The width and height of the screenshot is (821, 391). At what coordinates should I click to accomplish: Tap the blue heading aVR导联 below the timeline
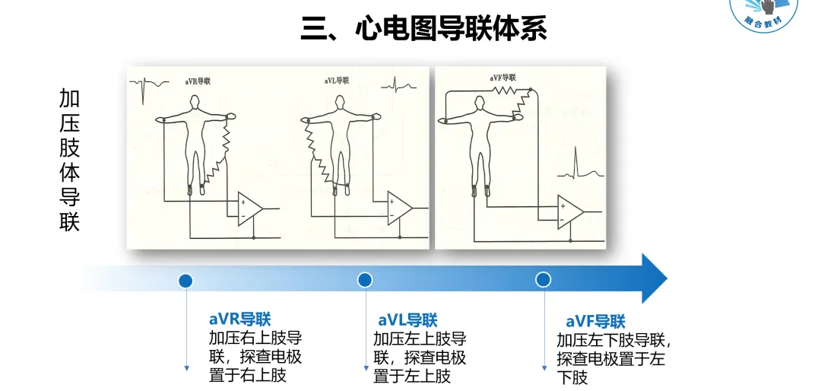click(239, 319)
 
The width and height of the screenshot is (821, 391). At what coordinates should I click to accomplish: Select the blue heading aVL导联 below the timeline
click(407, 320)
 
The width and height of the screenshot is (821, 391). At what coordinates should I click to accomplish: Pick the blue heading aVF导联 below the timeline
click(595, 321)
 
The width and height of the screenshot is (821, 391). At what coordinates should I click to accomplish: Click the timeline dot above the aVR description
click(185, 280)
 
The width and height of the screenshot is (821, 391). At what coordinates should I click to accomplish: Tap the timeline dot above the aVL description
click(365, 280)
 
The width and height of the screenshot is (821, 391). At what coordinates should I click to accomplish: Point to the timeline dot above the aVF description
click(543, 280)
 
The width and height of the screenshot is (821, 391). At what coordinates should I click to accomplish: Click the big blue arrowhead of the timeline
click(652, 279)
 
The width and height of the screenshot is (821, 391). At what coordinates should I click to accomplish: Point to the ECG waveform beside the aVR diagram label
click(144, 87)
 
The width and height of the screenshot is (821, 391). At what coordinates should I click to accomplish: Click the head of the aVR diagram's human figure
click(195, 103)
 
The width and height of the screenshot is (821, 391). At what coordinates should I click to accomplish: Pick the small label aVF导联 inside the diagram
click(502, 78)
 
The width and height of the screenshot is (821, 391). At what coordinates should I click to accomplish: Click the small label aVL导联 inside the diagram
click(337, 80)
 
